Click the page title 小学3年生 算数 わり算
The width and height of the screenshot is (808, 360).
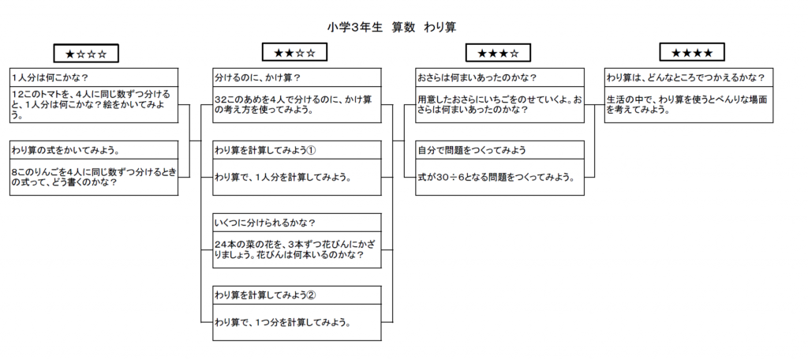pyautogui.click(x=391, y=28)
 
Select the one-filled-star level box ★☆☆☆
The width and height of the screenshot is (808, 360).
pyautogui.click(x=86, y=53)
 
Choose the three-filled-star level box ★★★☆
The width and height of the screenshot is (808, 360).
pyautogui.click(x=498, y=53)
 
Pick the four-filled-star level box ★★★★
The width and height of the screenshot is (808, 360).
pyautogui.click(x=692, y=52)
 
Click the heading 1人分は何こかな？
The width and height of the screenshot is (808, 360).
pyautogui.click(x=50, y=78)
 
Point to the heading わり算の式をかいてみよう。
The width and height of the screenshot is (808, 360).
pyautogui.click(x=63, y=150)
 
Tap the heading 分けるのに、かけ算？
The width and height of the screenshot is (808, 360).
pyautogui.click(x=257, y=78)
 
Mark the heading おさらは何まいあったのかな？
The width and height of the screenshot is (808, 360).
pyautogui.click(x=477, y=78)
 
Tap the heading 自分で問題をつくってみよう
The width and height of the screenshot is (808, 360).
pyautogui.click(x=472, y=150)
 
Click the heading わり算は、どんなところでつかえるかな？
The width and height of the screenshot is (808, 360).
pyautogui.click(x=685, y=78)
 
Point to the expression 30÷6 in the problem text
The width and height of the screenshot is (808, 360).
pyautogui.click(x=450, y=178)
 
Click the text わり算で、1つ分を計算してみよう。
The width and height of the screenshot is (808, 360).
pyautogui.click(x=283, y=324)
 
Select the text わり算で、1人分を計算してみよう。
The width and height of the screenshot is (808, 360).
pyautogui.click(x=283, y=178)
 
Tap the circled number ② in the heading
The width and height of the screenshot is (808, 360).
pyautogui.click(x=311, y=295)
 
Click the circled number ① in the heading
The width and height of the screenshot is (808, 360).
pyautogui.click(x=311, y=150)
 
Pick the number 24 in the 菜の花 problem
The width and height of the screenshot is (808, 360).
pyautogui.click(x=220, y=243)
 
